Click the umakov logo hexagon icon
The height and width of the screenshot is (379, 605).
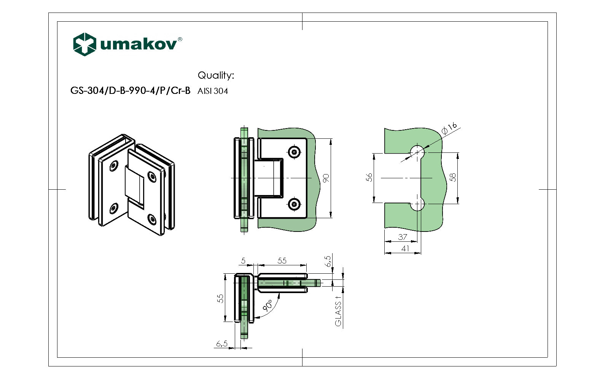pyautogui.click(x=84, y=44)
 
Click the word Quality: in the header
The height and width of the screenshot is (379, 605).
pyautogui.click(x=216, y=75)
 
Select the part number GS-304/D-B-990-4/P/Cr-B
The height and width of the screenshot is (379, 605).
pyautogui.click(x=130, y=91)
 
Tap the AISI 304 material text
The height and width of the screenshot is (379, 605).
pyautogui.click(x=213, y=91)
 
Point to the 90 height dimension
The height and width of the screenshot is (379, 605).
pyautogui.click(x=326, y=178)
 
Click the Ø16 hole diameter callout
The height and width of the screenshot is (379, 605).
pyautogui.click(x=449, y=128)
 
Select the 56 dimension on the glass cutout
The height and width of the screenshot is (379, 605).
pyautogui.click(x=369, y=178)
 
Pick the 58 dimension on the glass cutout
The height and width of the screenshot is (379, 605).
pyautogui.click(x=452, y=178)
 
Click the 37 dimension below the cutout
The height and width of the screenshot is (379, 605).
pyautogui.click(x=403, y=237)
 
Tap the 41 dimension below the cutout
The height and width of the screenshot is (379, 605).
pyautogui.click(x=405, y=248)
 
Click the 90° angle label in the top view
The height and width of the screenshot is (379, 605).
pyautogui.click(x=268, y=305)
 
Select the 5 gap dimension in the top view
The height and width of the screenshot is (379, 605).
pyautogui.click(x=243, y=261)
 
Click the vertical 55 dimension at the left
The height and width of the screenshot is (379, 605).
pyautogui.click(x=220, y=298)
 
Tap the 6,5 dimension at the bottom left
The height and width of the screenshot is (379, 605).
pyautogui.click(x=221, y=344)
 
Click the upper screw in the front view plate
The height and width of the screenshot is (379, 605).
pyautogui.click(x=295, y=152)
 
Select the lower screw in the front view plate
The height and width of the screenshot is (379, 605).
pyautogui.click(x=295, y=205)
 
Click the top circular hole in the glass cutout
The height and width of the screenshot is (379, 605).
pyautogui.click(x=417, y=152)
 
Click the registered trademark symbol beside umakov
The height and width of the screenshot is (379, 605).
pyautogui.click(x=180, y=39)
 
